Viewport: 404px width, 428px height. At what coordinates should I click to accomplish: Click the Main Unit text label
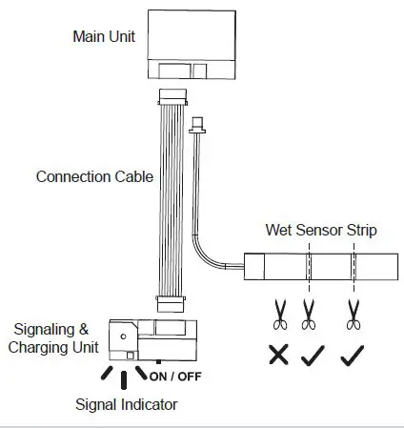[x=105, y=37]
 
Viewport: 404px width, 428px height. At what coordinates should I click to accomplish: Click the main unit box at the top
[x=191, y=43]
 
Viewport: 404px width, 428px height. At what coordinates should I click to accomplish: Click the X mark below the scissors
[x=278, y=356]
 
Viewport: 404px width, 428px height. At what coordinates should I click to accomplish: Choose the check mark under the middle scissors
[x=311, y=356]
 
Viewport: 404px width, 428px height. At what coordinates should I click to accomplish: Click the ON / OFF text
[x=176, y=374]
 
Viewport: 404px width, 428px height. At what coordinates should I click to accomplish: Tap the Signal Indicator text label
[x=126, y=404]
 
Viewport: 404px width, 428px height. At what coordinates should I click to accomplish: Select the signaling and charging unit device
[x=157, y=336]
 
